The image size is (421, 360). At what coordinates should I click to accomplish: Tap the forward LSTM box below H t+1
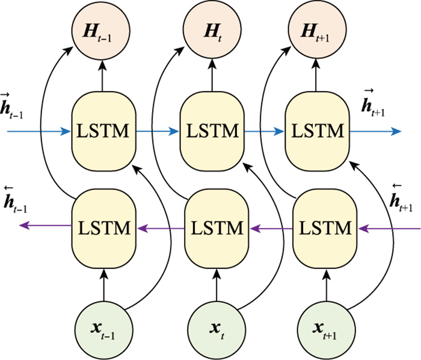click(317, 129)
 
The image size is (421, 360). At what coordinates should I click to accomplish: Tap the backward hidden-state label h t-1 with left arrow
click(15, 200)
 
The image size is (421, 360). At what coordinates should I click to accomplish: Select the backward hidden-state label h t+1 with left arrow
click(400, 201)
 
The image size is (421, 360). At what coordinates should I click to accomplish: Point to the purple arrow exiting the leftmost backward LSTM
click(45, 226)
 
